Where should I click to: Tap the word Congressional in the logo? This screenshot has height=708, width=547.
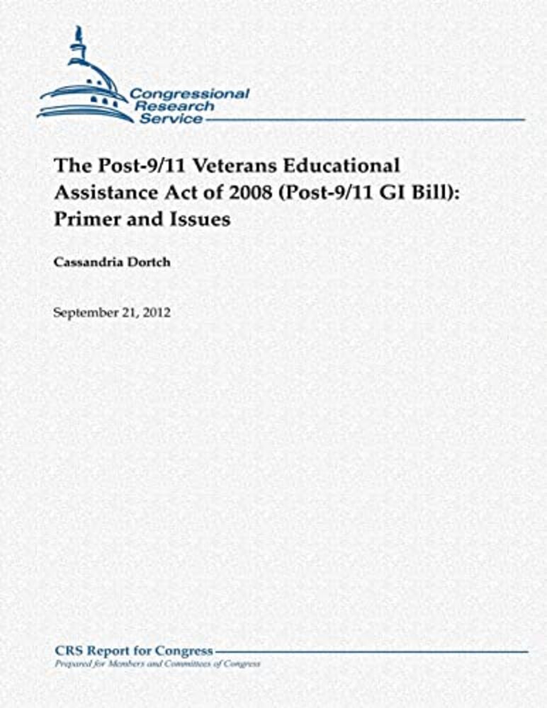pyautogui.click(x=189, y=94)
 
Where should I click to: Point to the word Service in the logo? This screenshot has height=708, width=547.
pyautogui.click(x=171, y=119)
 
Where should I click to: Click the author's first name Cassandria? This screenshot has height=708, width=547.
pyautogui.click(x=86, y=262)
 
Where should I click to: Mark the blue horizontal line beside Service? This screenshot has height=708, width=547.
pyautogui.click(x=365, y=120)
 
